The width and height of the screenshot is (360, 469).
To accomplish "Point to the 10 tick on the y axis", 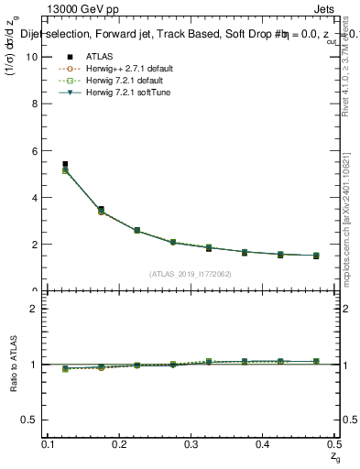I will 34,56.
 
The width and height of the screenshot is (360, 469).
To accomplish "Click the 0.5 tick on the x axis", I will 333,443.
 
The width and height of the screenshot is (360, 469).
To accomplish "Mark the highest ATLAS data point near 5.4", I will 64,165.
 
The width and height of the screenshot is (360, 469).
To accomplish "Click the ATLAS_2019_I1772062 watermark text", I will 190,273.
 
